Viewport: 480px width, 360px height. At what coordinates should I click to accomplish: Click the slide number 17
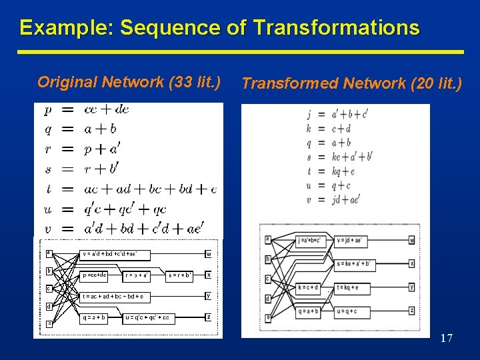(x=446, y=339)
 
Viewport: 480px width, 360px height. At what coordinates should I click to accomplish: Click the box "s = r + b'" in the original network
(x=180, y=275)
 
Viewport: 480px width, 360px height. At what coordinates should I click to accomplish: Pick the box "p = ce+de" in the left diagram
(x=94, y=275)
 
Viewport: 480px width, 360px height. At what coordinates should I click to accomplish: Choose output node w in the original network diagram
(x=209, y=253)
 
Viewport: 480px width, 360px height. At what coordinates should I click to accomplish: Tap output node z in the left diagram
(x=209, y=317)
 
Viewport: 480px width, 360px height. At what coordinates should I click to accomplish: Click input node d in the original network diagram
(x=49, y=307)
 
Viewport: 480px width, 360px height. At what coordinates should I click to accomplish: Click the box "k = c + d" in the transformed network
(x=309, y=288)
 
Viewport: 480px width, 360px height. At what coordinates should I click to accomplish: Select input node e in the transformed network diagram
(x=268, y=317)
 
